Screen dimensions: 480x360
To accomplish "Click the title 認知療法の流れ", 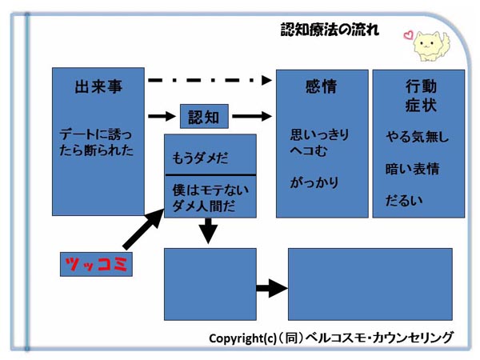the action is point(330,30).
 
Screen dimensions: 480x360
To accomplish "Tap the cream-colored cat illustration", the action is point(431,46).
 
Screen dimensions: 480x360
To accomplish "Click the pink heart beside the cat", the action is point(408,35).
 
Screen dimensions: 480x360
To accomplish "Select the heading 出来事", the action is point(98,86).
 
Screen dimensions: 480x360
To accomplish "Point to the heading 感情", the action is point(321,86).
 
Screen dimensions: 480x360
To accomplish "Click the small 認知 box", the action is point(204,116).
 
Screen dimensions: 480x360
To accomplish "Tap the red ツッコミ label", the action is point(96,264).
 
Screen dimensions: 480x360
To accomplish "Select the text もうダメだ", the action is point(200,158).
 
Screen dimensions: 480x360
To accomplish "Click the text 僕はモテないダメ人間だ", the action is point(210,198).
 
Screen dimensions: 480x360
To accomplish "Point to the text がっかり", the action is point(314,182).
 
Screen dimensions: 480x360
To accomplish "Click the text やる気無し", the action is point(418,136).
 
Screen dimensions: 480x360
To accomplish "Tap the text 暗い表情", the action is point(412,169).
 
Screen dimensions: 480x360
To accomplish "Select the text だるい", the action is point(404,201).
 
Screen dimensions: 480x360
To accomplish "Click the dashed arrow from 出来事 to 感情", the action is point(210,80).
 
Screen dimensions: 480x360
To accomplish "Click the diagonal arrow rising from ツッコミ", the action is point(143,229).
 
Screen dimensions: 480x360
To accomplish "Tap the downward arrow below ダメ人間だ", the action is point(208,231).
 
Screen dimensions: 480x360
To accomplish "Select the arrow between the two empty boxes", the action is point(272,288).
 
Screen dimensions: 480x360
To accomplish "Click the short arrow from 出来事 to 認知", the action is point(162,116).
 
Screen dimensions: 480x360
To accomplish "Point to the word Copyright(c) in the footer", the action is point(242,338).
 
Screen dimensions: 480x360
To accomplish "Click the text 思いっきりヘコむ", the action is point(319,142).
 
